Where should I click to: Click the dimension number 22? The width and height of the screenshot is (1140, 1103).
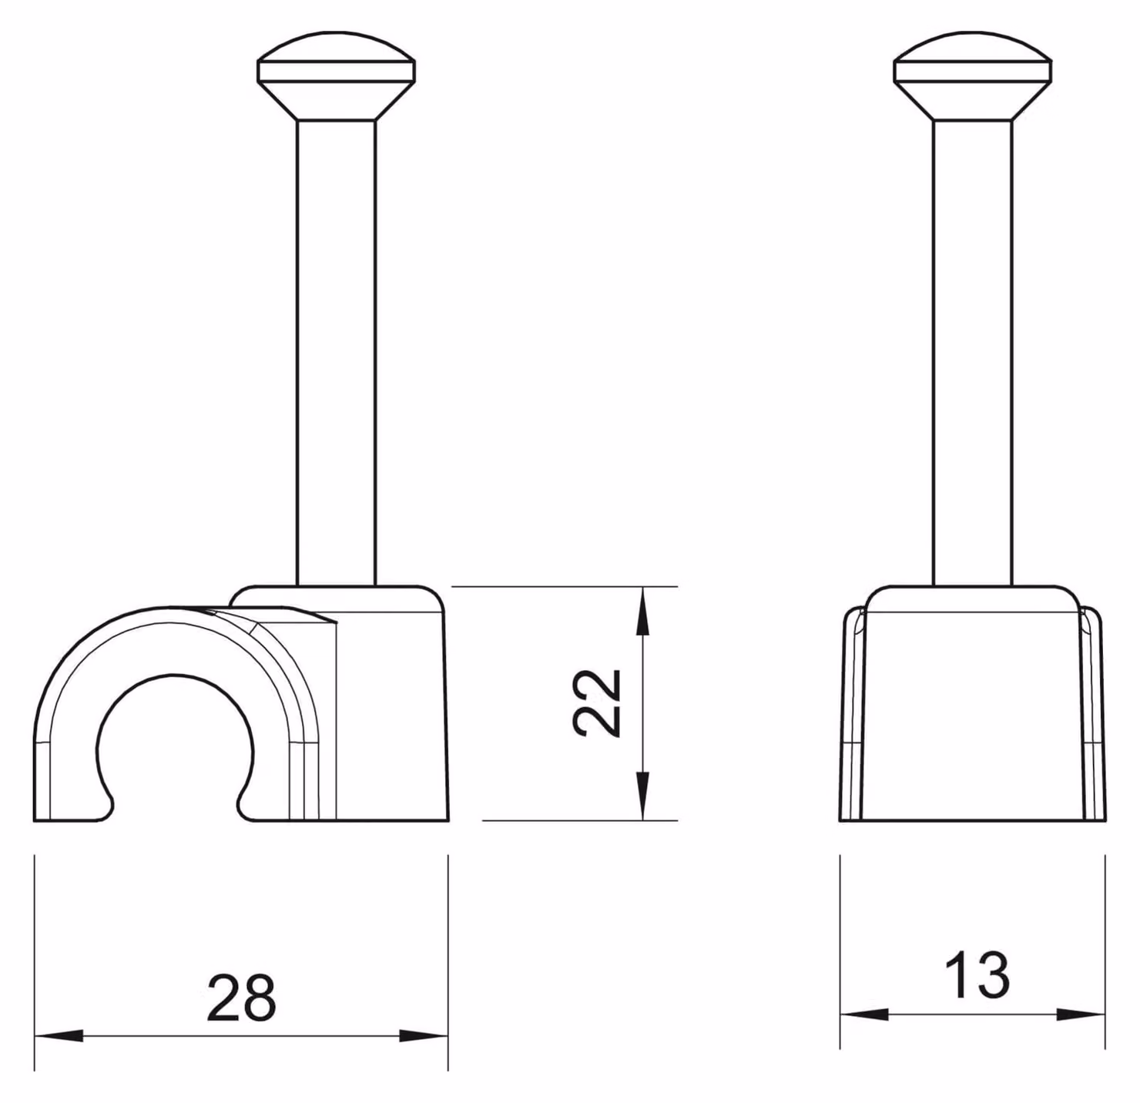(595, 702)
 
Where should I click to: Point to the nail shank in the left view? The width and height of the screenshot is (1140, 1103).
(337, 354)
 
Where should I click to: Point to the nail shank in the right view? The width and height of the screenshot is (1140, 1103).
(972, 354)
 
